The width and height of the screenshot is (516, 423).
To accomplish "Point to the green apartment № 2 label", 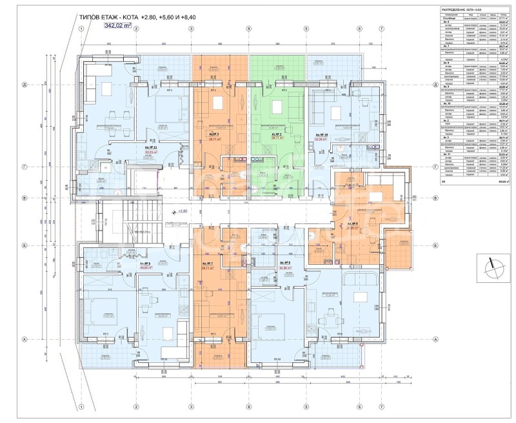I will (277, 135).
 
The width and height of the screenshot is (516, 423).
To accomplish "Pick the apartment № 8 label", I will (279, 265).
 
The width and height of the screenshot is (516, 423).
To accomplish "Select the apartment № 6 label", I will (145, 263).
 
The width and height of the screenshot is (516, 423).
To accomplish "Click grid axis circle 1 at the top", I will (81, 29).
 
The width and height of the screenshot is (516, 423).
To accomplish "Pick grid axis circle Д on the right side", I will (435, 85).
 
